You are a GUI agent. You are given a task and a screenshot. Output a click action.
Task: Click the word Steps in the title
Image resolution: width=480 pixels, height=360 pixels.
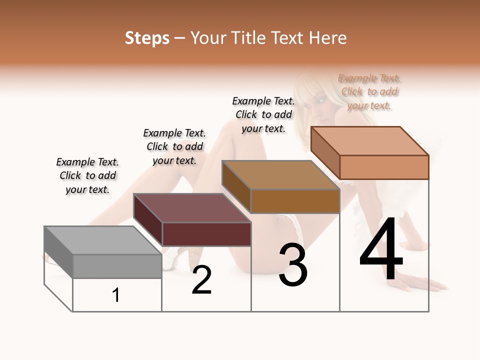click(x=147, y=38)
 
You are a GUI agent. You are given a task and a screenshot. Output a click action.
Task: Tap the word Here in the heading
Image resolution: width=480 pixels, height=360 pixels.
click(x=328, y=38)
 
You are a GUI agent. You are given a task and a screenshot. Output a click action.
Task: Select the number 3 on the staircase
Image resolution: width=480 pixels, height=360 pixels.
click(x=292, y=265)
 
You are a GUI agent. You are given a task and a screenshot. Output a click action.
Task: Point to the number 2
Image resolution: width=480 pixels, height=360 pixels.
click(x=201, y=280)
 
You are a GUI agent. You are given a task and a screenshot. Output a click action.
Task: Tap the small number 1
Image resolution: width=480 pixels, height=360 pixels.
click(x=116, y=295)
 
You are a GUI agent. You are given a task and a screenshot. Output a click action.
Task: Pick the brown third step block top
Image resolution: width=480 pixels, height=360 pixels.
click(x=280, y=175)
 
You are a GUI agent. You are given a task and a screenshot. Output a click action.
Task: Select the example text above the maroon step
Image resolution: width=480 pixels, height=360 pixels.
click(x=174, y=146)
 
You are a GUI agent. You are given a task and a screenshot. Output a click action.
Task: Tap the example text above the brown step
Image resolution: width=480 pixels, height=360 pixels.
click(x=263, y=114)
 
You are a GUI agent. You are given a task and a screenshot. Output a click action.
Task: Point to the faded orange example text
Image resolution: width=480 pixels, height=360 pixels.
click(x=369, y=91)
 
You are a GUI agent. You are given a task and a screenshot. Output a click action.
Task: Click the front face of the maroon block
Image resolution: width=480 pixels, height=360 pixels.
click(x=206, y=234)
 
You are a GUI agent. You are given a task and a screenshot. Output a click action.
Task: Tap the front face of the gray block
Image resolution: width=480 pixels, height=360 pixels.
click(x=117, y=266)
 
